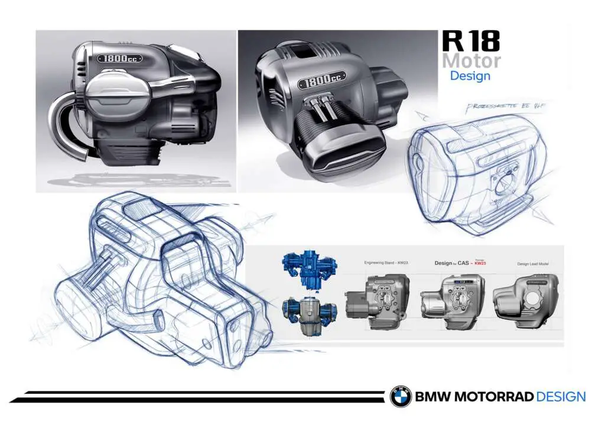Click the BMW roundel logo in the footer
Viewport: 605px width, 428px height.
tap(400, 397)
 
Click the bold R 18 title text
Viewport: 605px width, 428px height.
tap(470, 41)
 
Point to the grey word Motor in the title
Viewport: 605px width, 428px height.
tap(471, 60)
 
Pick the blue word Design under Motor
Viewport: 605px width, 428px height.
tap(470, 76)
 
